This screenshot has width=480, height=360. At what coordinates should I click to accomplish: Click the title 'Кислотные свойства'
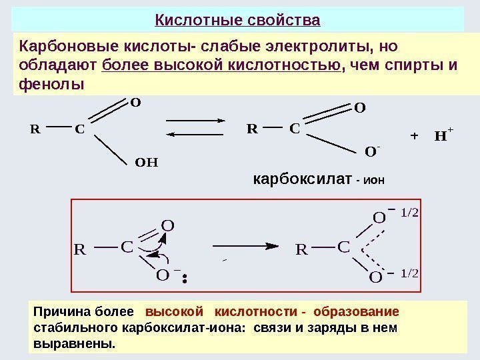coord(237,19)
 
